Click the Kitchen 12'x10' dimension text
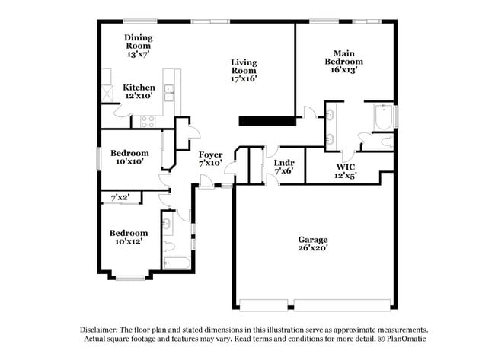(139, 96)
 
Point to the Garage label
(312, 239)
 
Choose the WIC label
(346, 166)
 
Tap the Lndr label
(283, 162)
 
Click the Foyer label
(210, 155)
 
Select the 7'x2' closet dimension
(120, 198)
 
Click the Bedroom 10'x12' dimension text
(127, 241)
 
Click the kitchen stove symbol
(147, 120)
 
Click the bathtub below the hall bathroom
(177, 263)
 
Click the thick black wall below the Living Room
(267, 120)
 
